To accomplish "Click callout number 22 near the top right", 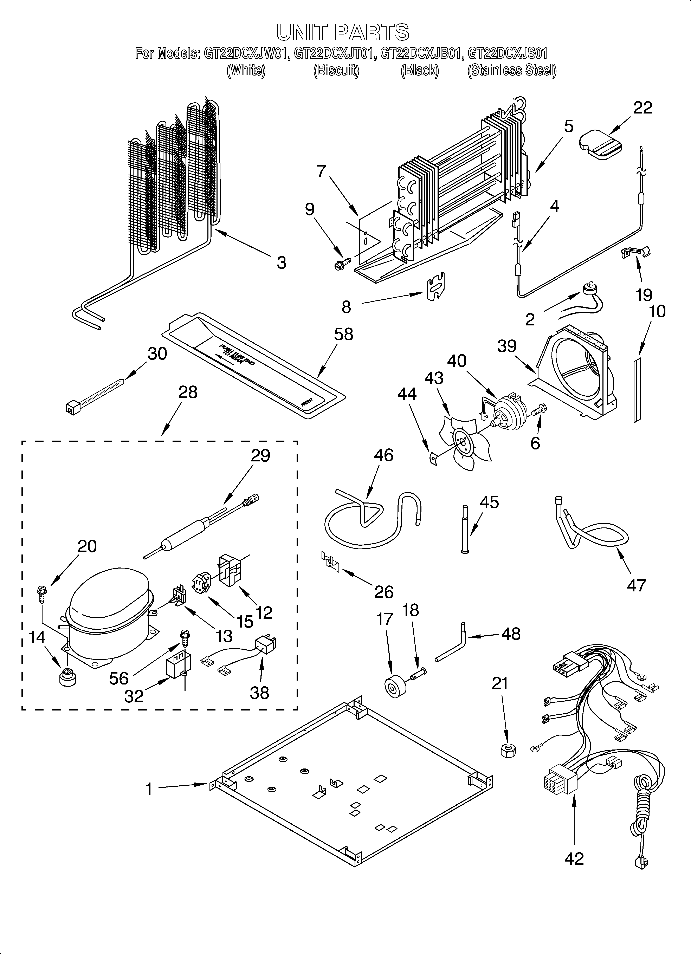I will point(643,108).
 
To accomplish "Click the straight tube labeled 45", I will point(465,530).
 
